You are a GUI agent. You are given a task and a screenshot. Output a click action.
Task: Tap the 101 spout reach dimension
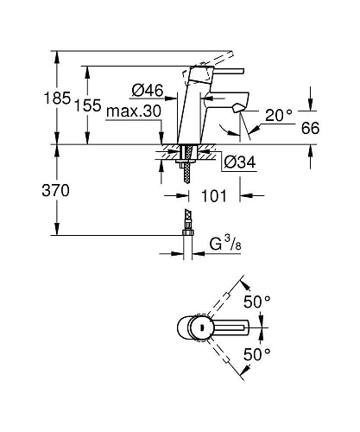pyautogui.click(x=215, y=196)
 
